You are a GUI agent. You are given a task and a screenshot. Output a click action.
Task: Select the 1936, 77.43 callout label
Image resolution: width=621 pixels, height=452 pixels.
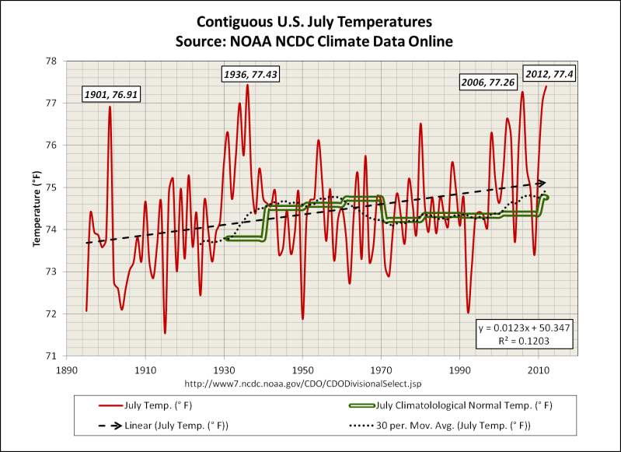(x=249, y=74)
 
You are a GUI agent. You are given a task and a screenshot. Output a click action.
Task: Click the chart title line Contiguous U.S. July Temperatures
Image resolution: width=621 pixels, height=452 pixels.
(x=312, y=22)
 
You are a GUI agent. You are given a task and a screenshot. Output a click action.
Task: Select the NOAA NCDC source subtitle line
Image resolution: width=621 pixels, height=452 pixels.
(x=312, y=39)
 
